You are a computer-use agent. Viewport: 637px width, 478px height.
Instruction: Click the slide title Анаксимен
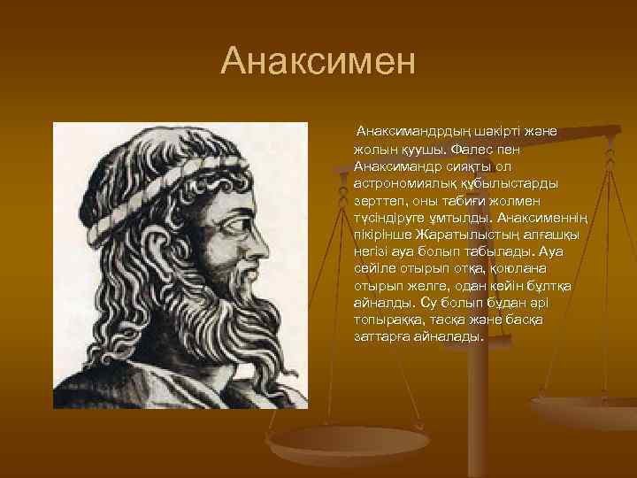(x=318, y=61)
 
